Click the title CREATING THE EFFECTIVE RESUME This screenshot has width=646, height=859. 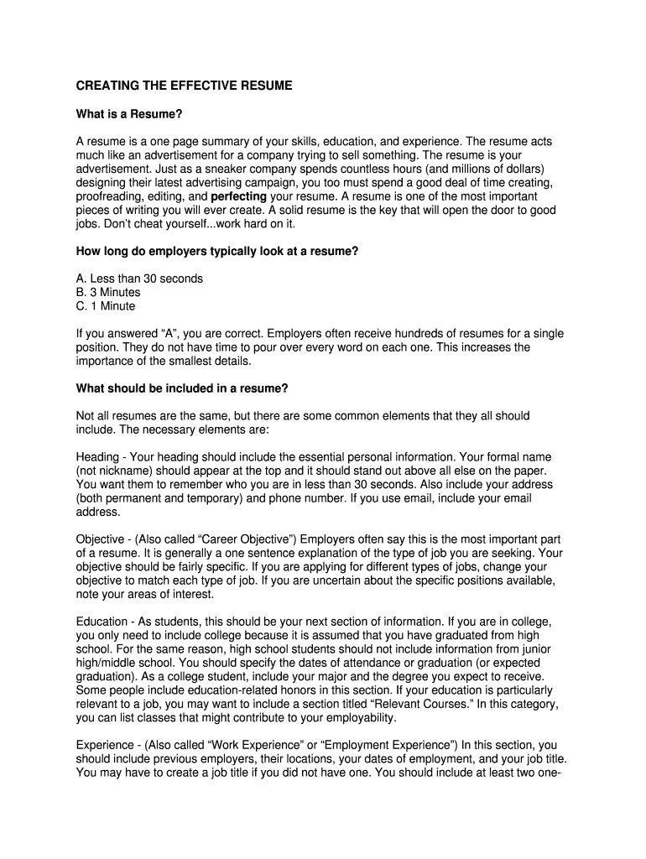[185, 86]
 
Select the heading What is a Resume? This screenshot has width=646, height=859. [129, 114]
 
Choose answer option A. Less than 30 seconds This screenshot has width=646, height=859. [139, 279]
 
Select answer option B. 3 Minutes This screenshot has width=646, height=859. [108, 292]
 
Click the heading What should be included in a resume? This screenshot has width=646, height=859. [183, 388]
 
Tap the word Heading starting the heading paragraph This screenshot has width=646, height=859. [97, 456]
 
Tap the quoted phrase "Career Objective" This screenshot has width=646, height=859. [232, 539]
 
